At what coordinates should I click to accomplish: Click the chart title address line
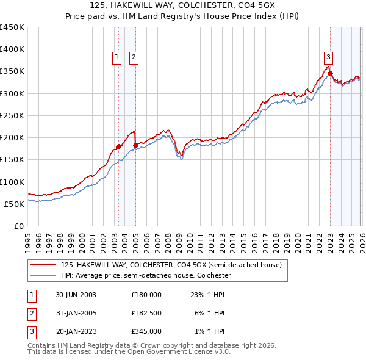[x=182, y=5]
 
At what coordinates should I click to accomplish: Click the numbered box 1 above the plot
[x=117, y=57]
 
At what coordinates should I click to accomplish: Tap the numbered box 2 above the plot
[x=134, y=57]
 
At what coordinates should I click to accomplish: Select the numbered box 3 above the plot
[x=328, y=57]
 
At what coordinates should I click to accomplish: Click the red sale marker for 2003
[x=118, y=146]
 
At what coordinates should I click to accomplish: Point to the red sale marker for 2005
[x=135, y=145]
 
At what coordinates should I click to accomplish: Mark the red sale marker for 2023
[x=330, y=74]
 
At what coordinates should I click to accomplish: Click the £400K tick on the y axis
[x=12, y=49]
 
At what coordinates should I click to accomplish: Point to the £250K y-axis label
[x=12, y=115]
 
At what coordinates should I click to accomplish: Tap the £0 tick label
[x=19, y=226]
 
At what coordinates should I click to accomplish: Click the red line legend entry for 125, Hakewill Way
[x=171, y=265]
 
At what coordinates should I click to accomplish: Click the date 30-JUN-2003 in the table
[x=76, y=294]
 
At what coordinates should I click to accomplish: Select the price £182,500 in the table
[x=146, y=313]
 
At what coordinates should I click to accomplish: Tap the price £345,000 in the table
[x=146, y=332]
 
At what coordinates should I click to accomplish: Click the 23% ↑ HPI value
[x=207, y=294]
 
